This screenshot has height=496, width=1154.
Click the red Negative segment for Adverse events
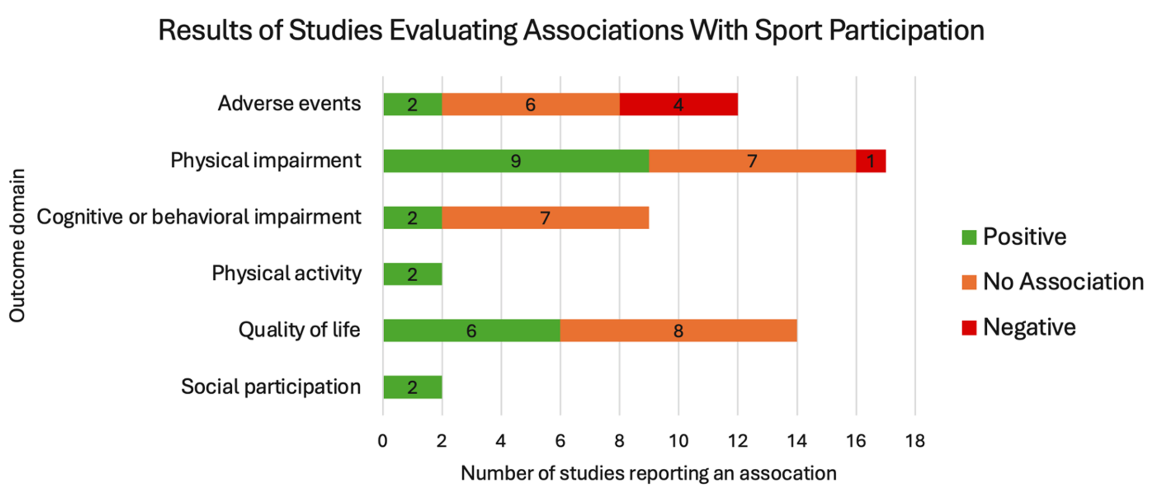pyautogui.click(x=679, y=105)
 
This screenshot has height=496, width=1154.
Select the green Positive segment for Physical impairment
pyautogui.click(x=516, y=161)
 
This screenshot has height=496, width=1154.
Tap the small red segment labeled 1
pyautogui.click(x=871, y=161)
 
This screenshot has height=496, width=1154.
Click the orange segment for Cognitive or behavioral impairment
pyautogui.click(x=545, y=218)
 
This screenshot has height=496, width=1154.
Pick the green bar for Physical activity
pyautogui.click(x=413, y=274)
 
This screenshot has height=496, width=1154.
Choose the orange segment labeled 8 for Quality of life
pyautogui.click(x=678, y=331)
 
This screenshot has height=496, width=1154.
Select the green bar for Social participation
pyautogui.click(x=413, y=387)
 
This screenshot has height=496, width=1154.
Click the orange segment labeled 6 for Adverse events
pyautogui.click(x=530, y=105)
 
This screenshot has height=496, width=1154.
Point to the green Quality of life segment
pyautogui.click(x=471, y=331)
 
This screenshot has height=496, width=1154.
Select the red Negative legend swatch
pyautogui.click(x=969, y=327)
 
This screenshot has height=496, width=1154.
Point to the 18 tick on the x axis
pyautogui.click(x=915, y=441)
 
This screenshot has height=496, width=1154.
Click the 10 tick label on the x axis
pyautogui.click(x=679, y=441)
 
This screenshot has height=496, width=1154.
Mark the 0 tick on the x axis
pyautogui.click(x=383, y=441)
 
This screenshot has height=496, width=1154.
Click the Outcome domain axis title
pyautogui.click(x=17, y=245)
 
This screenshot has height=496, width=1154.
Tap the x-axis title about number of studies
pyautogui.click(x=648, y=473)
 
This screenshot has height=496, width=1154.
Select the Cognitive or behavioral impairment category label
pyautogui.click(x=198, y=217)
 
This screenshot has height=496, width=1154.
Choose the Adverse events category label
pyautogui.click(x=289, y=104)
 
